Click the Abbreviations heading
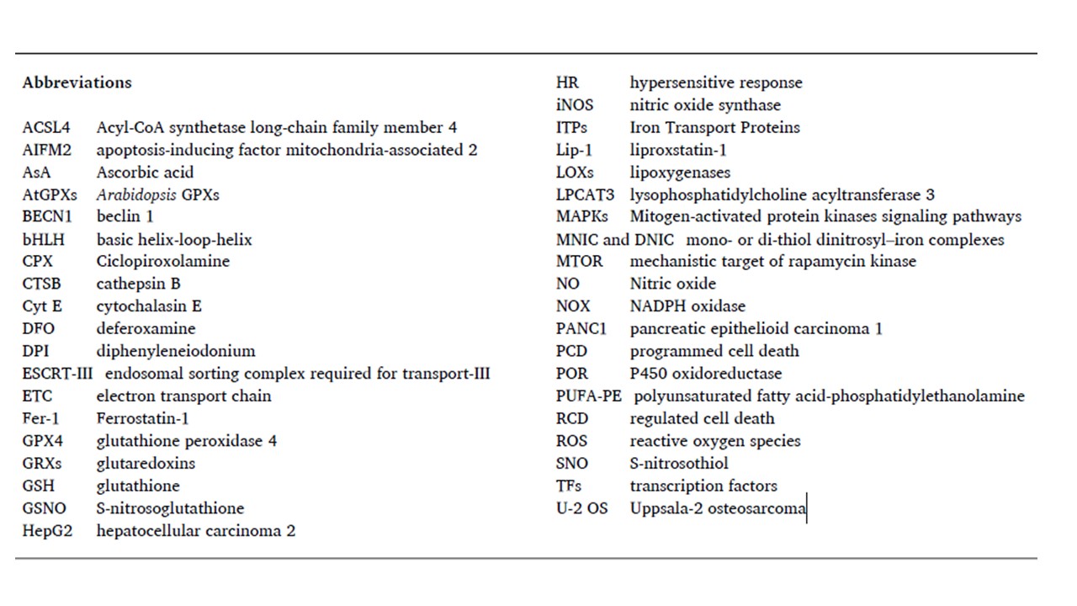pos(77,82)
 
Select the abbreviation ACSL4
pos(46,128)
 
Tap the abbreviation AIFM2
pos(47,150)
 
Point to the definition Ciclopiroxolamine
pos(162,261)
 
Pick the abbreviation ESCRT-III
pos(57,373)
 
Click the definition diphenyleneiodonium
pos(175,351)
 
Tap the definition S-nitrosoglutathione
pos(170,508)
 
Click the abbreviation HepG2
pos(47,531)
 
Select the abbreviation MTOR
pos(579,261)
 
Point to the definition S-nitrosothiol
pos(679,463)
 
